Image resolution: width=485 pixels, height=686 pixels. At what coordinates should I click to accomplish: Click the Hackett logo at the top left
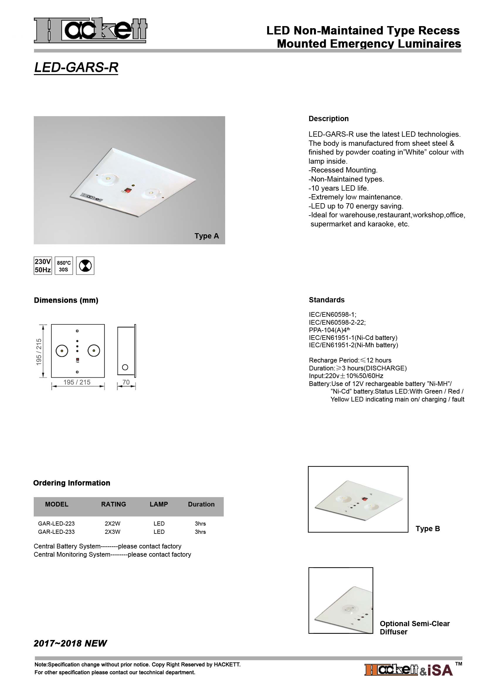(90, 30)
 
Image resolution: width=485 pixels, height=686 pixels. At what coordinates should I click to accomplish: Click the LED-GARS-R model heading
(76, 67)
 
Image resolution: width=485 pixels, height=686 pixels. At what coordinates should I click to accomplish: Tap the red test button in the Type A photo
(128, 190)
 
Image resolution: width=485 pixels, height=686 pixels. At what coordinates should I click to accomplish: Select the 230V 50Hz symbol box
(43, 266)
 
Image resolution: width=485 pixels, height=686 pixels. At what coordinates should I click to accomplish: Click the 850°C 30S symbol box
(64, 266)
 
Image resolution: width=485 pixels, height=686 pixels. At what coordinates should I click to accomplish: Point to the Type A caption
(207, 236)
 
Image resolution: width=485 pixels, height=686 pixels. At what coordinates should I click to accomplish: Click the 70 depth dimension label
(126, 382)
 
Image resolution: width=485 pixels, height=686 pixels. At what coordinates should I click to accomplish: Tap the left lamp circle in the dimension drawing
(62, 351)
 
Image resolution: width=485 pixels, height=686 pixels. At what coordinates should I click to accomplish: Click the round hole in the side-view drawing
(125, 367)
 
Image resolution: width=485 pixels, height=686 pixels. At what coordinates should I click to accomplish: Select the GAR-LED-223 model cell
(56, 524)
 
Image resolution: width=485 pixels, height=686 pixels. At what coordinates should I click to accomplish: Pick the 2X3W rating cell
(113, 532)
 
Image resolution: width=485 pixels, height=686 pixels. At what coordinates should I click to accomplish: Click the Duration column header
(201, 504)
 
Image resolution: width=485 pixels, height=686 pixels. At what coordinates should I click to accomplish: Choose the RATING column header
(113, 504)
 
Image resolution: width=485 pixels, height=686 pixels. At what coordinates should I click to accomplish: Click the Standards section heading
(327, 300)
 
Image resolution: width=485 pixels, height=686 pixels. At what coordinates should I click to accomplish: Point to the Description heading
(328, 118)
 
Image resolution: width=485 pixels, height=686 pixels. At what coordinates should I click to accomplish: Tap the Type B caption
(428, 529)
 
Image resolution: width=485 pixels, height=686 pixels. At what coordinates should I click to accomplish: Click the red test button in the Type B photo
(364, 499)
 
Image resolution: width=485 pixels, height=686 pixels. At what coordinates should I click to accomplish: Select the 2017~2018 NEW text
(70, 643)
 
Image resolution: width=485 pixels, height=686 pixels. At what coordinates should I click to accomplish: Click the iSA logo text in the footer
(440, 670)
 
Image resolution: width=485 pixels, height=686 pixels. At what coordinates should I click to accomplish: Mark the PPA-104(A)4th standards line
(329, 330)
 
